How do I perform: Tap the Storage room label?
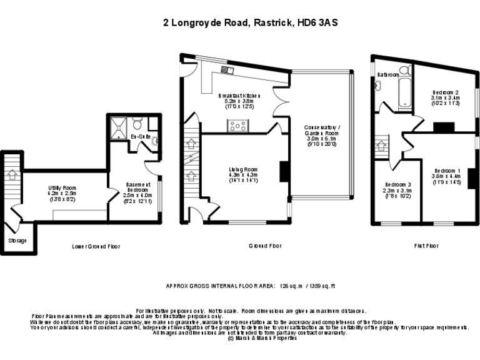[17, 240]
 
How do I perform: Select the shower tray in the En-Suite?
[117, 128]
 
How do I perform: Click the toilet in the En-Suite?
[138, 122]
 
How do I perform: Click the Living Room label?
[242, 169]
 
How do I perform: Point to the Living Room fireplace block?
[283, 171]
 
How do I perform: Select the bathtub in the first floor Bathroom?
[404, 92]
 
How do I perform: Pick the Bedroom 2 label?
[445, 91]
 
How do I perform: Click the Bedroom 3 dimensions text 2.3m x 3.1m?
[397, 191]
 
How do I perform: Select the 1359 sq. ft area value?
[320, 286]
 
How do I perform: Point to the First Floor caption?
[427, 246]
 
